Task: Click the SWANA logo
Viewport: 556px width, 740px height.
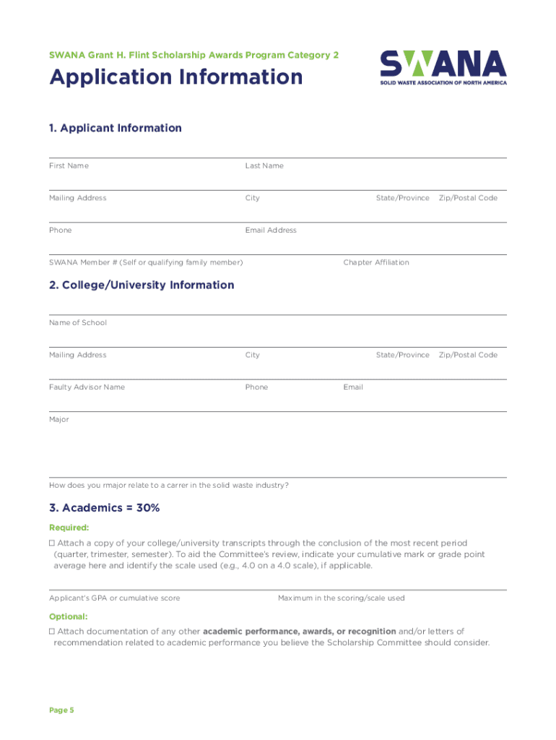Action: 443,67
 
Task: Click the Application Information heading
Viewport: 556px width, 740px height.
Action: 176,77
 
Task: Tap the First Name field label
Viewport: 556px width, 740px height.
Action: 69,166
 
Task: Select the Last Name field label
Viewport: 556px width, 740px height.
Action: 264,166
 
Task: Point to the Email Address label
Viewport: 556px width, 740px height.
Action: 271,231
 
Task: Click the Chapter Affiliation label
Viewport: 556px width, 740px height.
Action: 376,262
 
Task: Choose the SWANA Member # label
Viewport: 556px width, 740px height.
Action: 146,262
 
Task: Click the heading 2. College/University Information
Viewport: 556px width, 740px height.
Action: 142,285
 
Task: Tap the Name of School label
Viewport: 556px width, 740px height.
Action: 78,323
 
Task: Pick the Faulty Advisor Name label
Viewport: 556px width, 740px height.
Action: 87,387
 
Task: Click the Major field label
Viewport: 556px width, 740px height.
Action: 59,420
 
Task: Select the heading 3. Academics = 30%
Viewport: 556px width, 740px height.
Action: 104,508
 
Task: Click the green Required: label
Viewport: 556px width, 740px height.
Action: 69,528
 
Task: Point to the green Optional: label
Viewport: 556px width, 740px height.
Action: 69,617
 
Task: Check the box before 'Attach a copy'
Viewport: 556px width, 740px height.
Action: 52,543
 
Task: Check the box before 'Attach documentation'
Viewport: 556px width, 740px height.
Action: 52,632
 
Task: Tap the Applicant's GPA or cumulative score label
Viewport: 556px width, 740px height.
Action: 115,598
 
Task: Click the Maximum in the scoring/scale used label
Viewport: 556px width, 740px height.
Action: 342,598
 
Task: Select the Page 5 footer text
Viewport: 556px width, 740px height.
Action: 61,710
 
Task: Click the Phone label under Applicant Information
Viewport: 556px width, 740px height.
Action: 61,231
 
